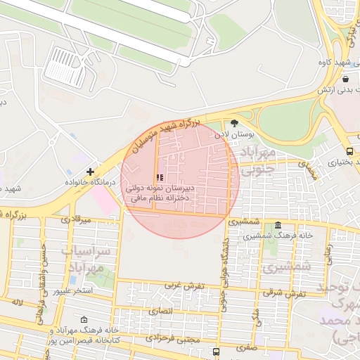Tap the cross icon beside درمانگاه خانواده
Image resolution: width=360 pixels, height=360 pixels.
tap(90, 172)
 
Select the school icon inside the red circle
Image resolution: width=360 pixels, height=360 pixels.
tap(160, 177)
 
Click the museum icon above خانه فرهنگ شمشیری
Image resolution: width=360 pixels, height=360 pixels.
tap(279, 226)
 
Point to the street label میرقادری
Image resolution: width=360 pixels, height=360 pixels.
tap(77, 220)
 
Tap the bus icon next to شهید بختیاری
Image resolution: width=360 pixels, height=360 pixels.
tap(350, 151)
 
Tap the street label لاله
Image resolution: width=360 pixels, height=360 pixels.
tap(16, 302)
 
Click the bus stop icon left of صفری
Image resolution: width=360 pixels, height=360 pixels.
tap(216, 350)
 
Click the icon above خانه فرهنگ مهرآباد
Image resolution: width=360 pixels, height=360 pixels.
tap(84, 319)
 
